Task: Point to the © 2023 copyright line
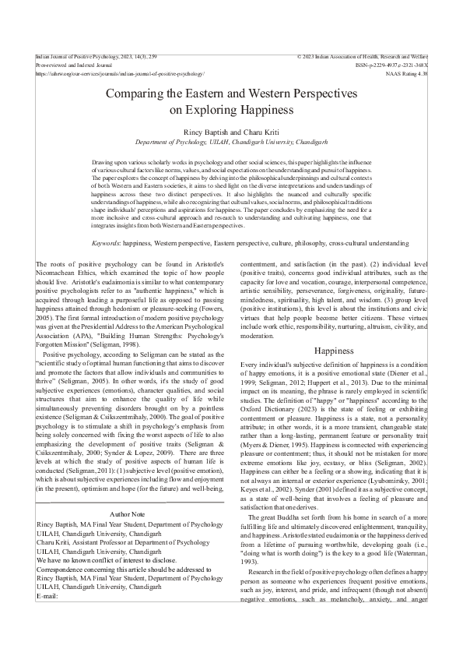pos(362,58)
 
